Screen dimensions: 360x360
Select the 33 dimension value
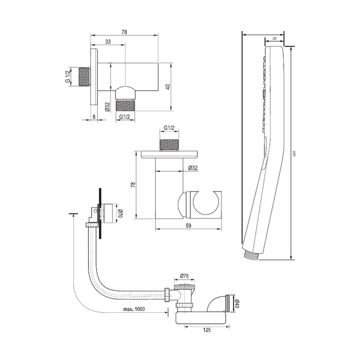point(108,42)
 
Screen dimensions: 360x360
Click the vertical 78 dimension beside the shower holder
point(134,184)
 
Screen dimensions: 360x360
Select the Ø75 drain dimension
point(185,276)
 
